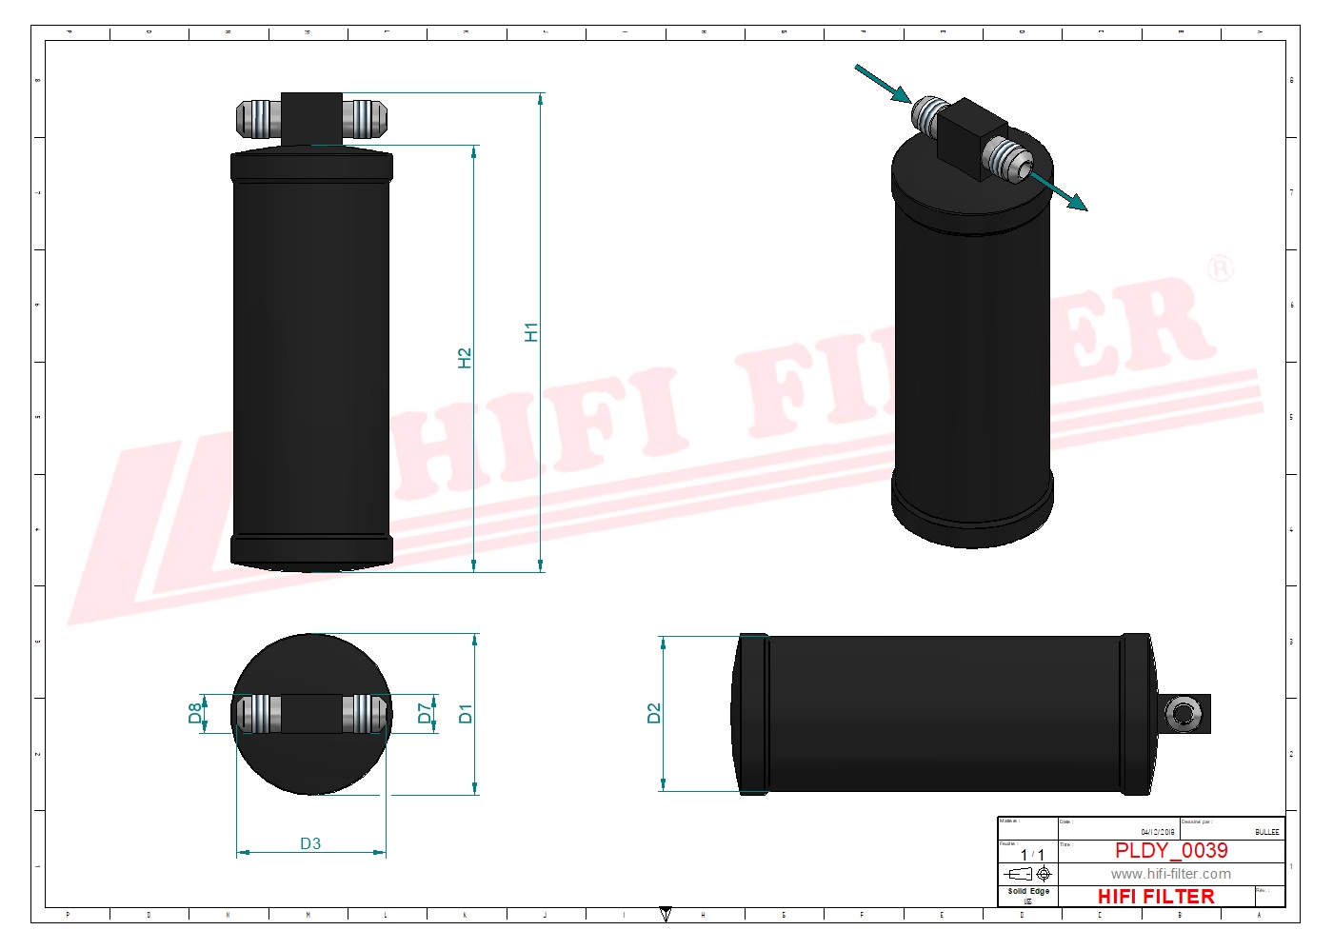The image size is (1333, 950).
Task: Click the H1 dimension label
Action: click(531, 332)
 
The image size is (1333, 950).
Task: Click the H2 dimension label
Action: click(465, 358)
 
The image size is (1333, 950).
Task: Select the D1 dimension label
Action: click(465, 713)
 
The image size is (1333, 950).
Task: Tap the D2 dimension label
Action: click(653, 713)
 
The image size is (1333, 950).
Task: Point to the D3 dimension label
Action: click(310, 843)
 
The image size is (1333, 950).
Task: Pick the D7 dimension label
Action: click(425, 713)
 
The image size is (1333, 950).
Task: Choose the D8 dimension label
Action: click(195, 713)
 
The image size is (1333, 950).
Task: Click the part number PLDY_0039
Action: click(1171, 850)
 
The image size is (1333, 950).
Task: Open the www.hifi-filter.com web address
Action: click(1170, 874)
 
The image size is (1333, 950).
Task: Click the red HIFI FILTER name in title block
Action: click(1156, 897)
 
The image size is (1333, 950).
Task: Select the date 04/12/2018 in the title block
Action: click(1158, 832)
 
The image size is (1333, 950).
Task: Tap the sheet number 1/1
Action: click(1032, 855)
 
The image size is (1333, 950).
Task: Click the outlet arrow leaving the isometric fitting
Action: click(1059, 191)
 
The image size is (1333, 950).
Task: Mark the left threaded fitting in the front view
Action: click(258, 118)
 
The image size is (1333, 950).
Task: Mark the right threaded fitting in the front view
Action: click(364, 118)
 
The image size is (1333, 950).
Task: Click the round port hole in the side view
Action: click(1184, 713)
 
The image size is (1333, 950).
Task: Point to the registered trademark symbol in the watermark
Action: click(1221, 268)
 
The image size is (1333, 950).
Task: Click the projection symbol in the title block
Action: click(1028, 874)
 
